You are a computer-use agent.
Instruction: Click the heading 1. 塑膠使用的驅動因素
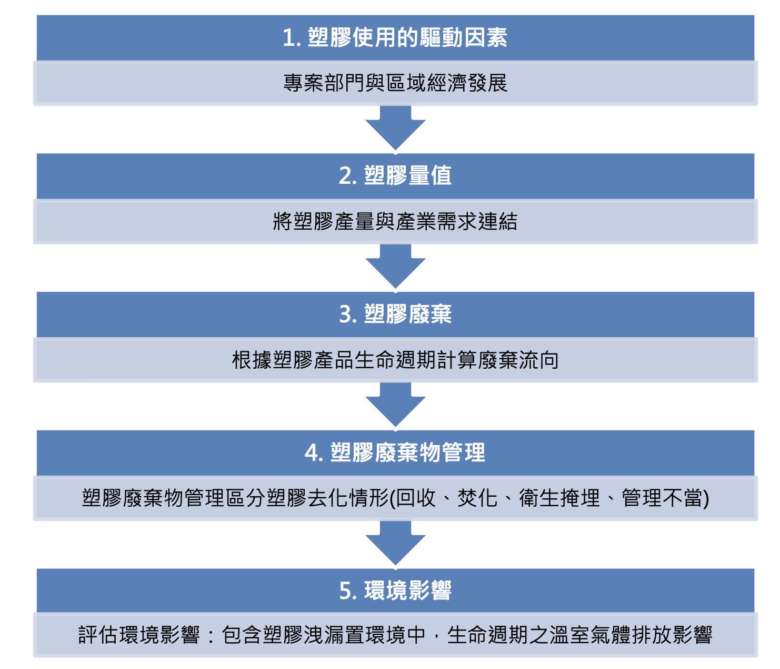click(395, 38)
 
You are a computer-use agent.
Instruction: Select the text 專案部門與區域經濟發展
click(395, 83)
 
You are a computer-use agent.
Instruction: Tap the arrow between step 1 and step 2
click(395, 127)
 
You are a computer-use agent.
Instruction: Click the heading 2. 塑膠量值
click(395, 176)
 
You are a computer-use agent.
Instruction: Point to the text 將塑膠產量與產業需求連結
click(395, 222)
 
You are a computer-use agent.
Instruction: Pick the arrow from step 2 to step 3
click(395, 266)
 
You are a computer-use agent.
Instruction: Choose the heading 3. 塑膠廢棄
click(395, 314)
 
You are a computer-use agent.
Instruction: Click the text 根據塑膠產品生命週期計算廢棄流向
click(395, 360)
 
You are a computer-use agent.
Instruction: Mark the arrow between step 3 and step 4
click(395, 405)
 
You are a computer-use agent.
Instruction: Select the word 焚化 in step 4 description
click(477, 498)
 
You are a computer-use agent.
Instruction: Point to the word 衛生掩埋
click(559, 498)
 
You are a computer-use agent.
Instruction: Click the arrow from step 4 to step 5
click(395, 543)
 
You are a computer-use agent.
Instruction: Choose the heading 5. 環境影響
click(395, 591)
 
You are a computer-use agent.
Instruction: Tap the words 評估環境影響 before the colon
click(139, 635)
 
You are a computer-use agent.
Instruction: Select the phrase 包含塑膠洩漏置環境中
click(323, 635)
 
